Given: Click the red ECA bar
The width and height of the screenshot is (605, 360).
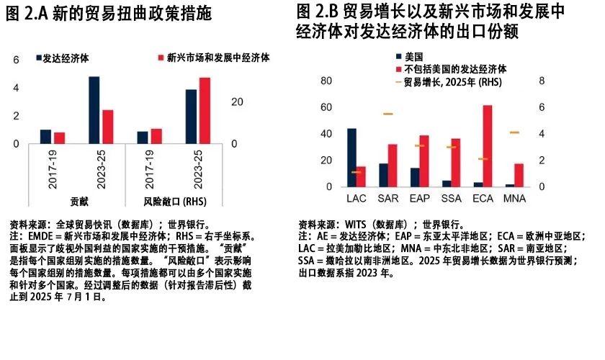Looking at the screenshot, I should (488, 146).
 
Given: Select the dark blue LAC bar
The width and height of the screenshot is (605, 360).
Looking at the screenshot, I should (351, 158).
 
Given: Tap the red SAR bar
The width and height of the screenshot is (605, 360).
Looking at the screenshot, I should (393, 166).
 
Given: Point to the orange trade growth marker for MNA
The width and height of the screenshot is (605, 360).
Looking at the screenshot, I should (514, 132).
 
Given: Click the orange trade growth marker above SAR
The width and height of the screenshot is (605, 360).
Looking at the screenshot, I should (388, 114).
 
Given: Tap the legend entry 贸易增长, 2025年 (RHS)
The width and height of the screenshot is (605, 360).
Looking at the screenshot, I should (452, 83).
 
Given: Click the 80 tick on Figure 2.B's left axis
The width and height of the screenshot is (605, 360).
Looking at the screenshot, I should (326, 81).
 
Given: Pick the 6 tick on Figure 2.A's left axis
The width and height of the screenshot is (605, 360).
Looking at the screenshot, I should (17, 61).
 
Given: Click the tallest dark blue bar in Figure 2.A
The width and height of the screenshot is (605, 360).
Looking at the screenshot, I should (94, 110).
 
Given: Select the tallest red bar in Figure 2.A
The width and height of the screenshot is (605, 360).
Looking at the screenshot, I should (204, 111).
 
